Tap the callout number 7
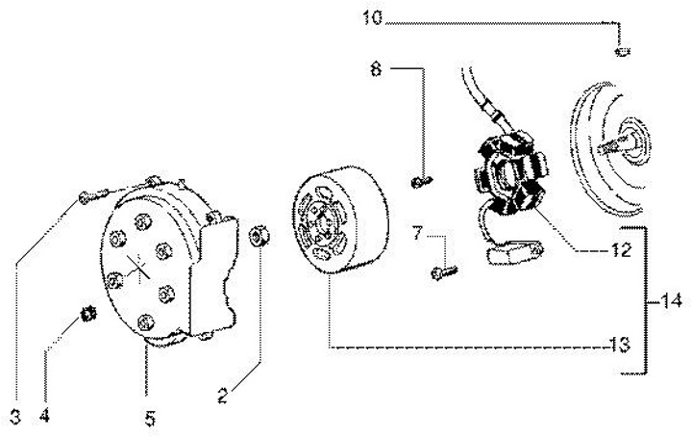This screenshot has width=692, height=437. pos(416,232)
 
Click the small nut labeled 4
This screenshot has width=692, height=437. pos(86,313)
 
